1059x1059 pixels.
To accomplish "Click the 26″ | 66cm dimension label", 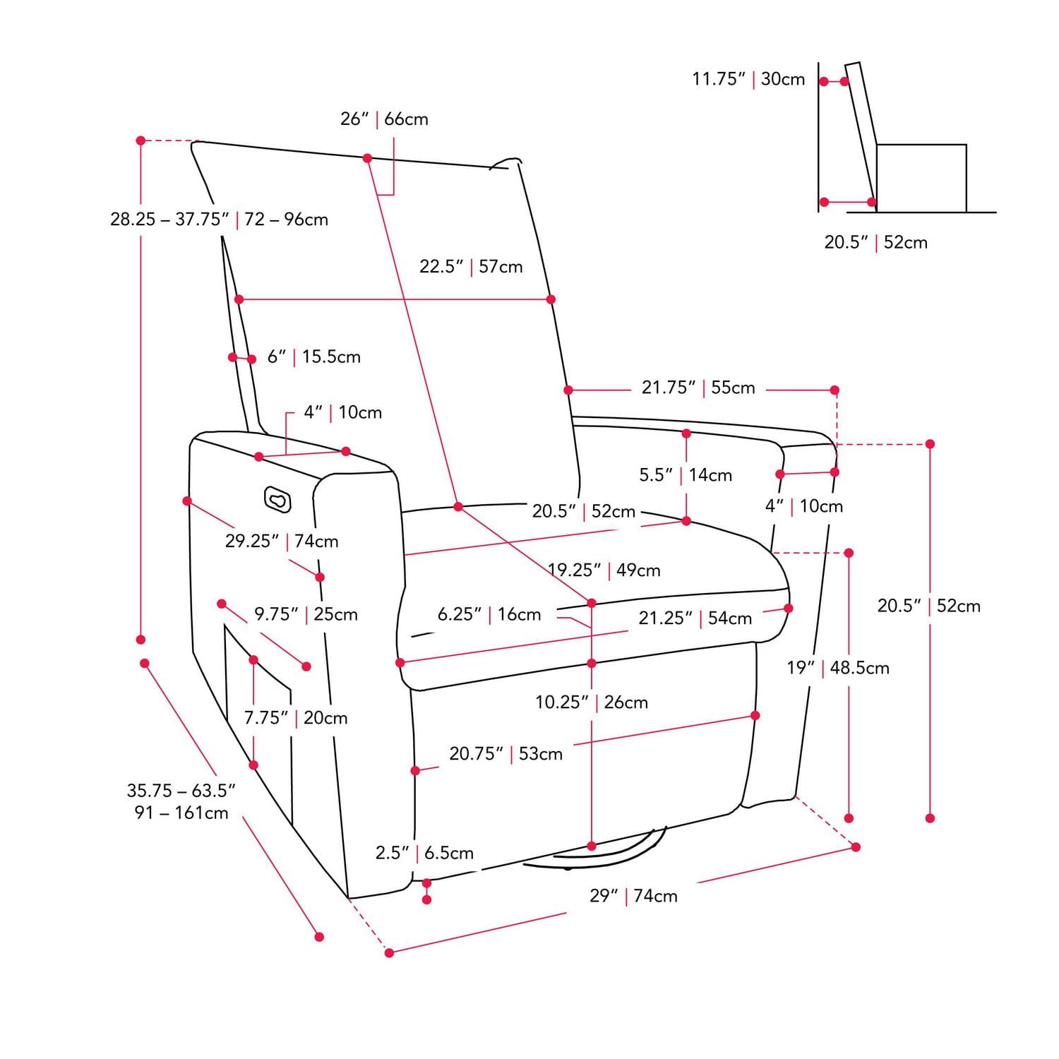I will click(x=384, y=119).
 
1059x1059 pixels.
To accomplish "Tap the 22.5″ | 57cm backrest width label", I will click(x=471, y=266).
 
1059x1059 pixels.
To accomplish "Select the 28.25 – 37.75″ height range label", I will click(x=219, y=219).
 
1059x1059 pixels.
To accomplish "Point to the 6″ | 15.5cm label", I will click(x=313, y=357).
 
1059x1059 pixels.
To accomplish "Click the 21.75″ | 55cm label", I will click(x=698, y=388).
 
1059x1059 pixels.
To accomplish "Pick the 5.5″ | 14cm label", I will click(x=686, y=474).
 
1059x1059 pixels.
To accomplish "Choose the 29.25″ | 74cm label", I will click(x=282, y=542).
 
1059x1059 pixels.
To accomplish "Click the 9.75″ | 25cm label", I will click(x=306, y=614).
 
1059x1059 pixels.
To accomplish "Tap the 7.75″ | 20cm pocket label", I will click(x=296, y=718).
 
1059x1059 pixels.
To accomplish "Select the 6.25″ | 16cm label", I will click(x=489, y=614).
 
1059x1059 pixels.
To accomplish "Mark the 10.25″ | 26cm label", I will click(x=592, y=702).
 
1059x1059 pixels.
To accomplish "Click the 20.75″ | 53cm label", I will click(x=506, y=754).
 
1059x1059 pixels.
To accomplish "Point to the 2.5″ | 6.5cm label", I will click(x=424, y=853).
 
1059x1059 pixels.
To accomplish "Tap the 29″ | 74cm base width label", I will click(x=633, y=896).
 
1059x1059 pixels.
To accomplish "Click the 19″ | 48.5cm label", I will click(x=838, y=668).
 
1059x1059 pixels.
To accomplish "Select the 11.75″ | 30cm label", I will click(x=748, y=79).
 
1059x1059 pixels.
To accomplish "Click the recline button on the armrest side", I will click(x=277, y=499).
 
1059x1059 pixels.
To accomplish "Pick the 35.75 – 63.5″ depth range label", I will click(x=181, y=801).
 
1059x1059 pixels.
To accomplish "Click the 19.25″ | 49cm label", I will click(x=604, y=570).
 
